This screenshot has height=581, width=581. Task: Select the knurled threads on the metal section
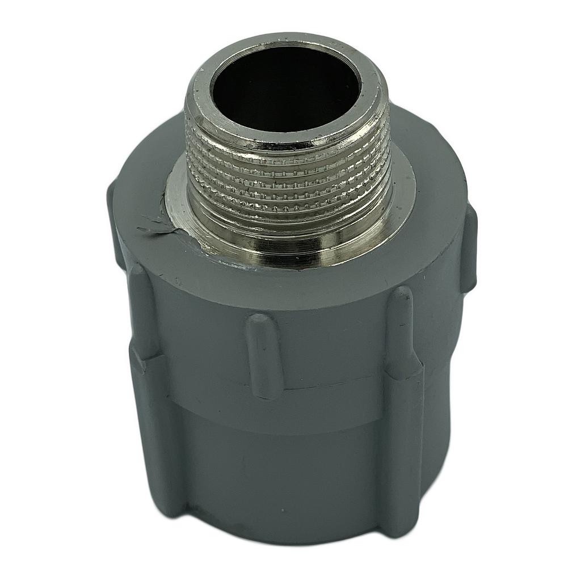click(289, 170)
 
